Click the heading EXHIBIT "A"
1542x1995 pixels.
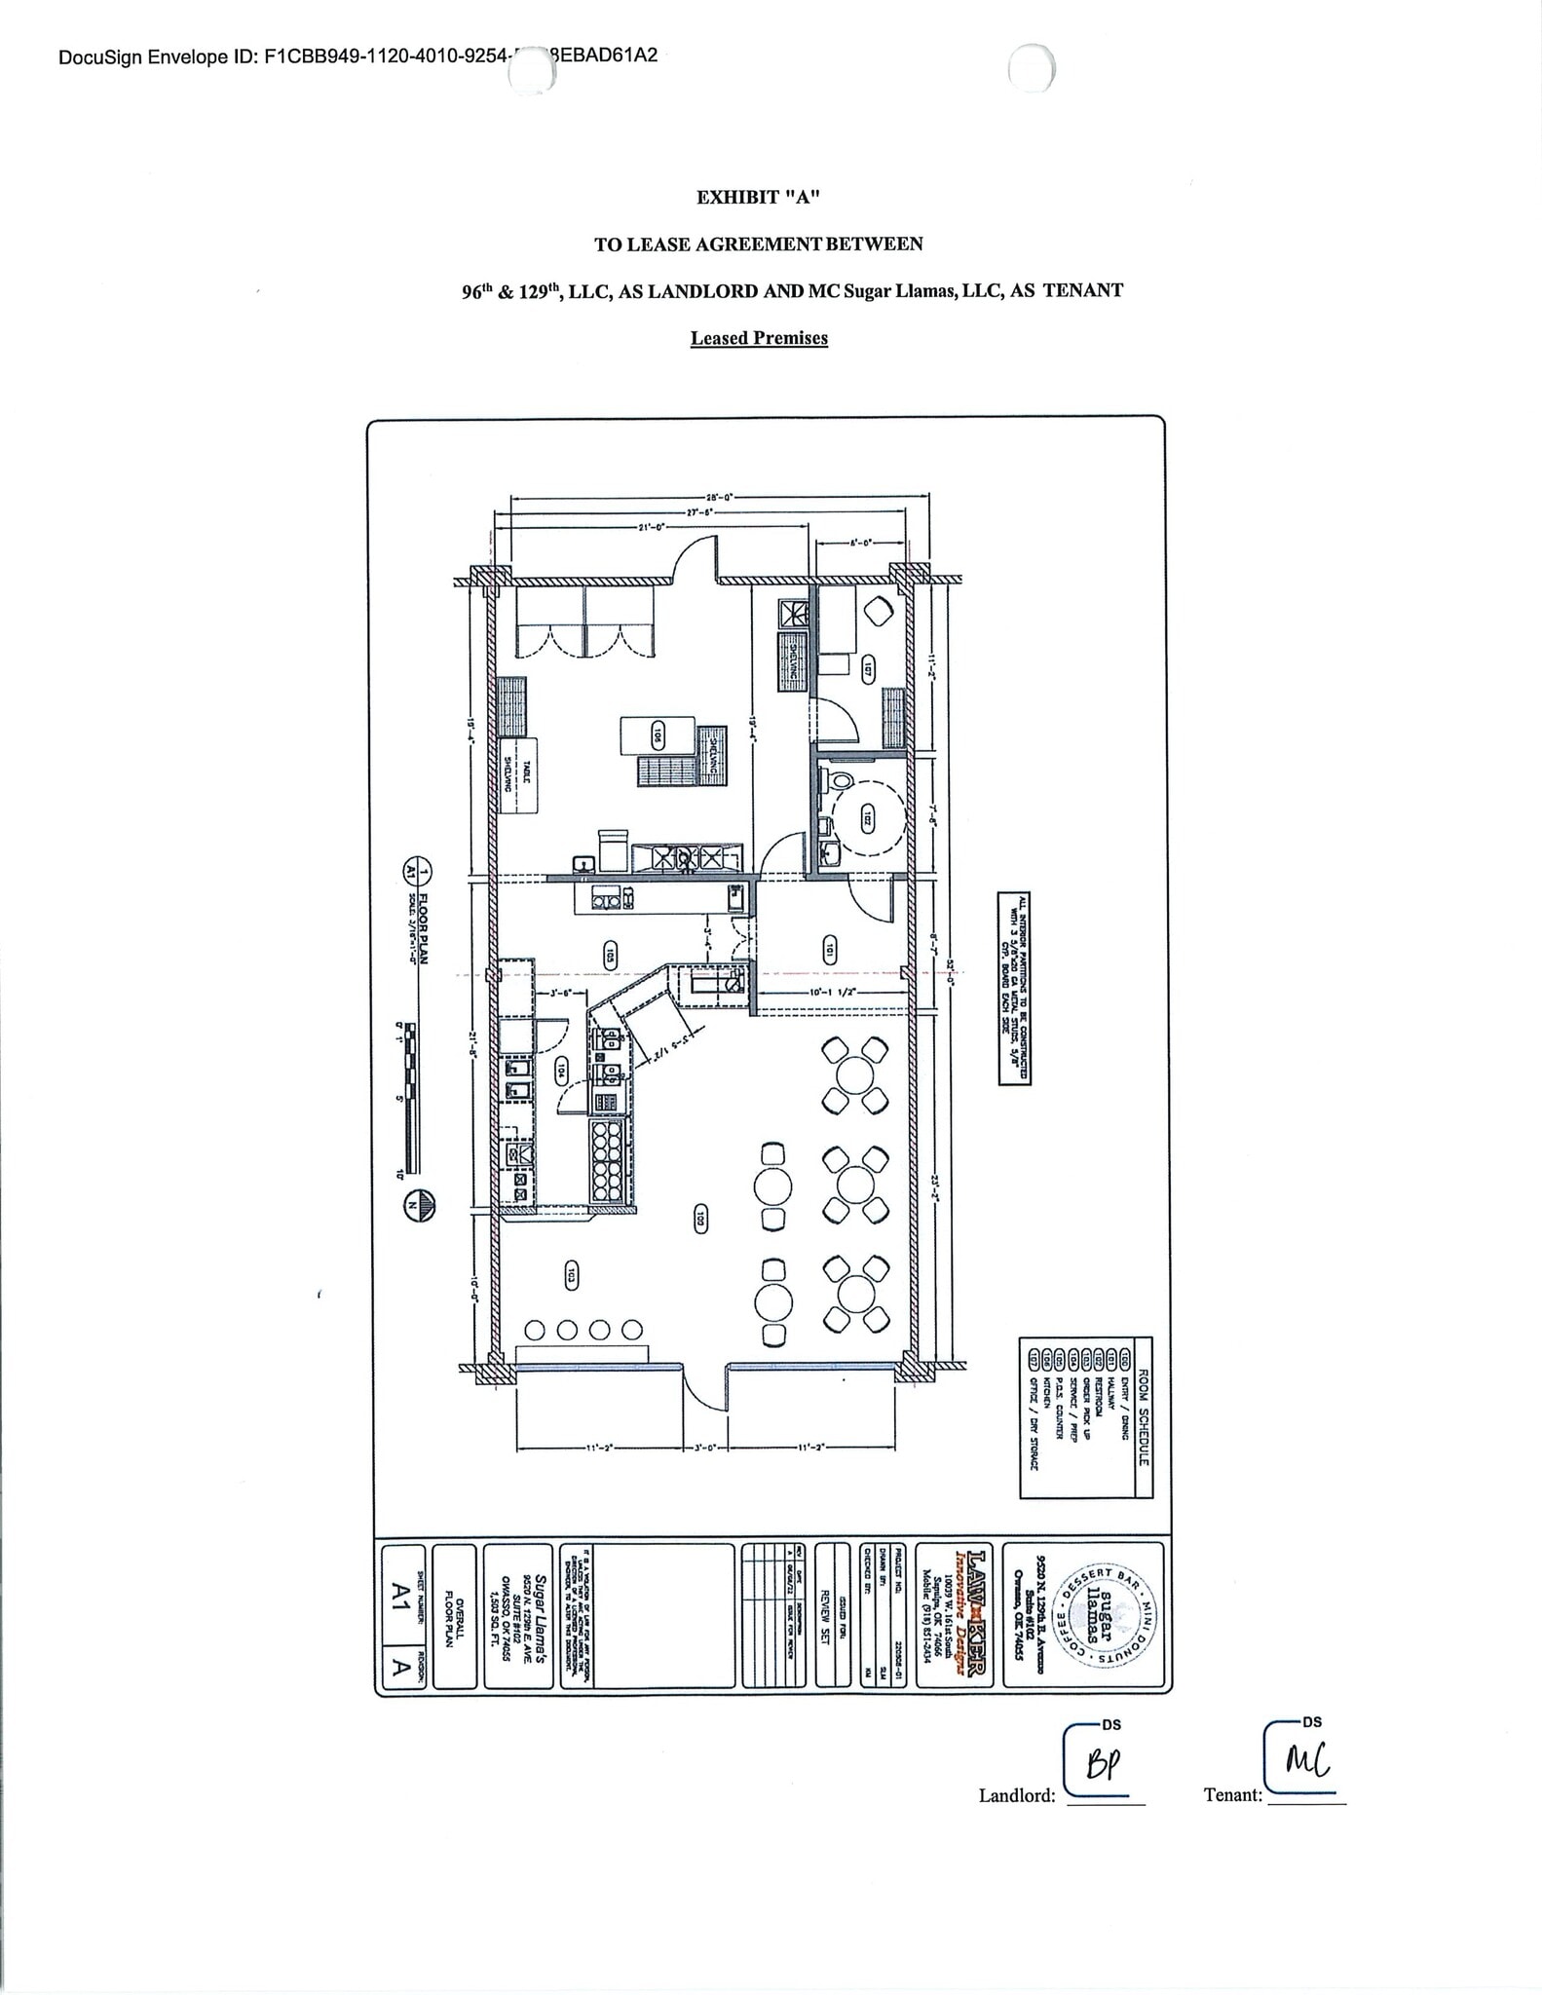point(758,198)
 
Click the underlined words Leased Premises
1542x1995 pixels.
point(759,338)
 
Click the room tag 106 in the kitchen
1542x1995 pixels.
point(658,735)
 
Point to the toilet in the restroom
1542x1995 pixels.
point(839,779)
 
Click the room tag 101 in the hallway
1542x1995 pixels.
point(829,951)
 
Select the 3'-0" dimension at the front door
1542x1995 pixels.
point(705,1448)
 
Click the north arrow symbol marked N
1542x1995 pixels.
point(421,1205)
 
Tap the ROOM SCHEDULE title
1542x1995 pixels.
point(1144,1417)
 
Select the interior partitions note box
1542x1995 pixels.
point(1014,988)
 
